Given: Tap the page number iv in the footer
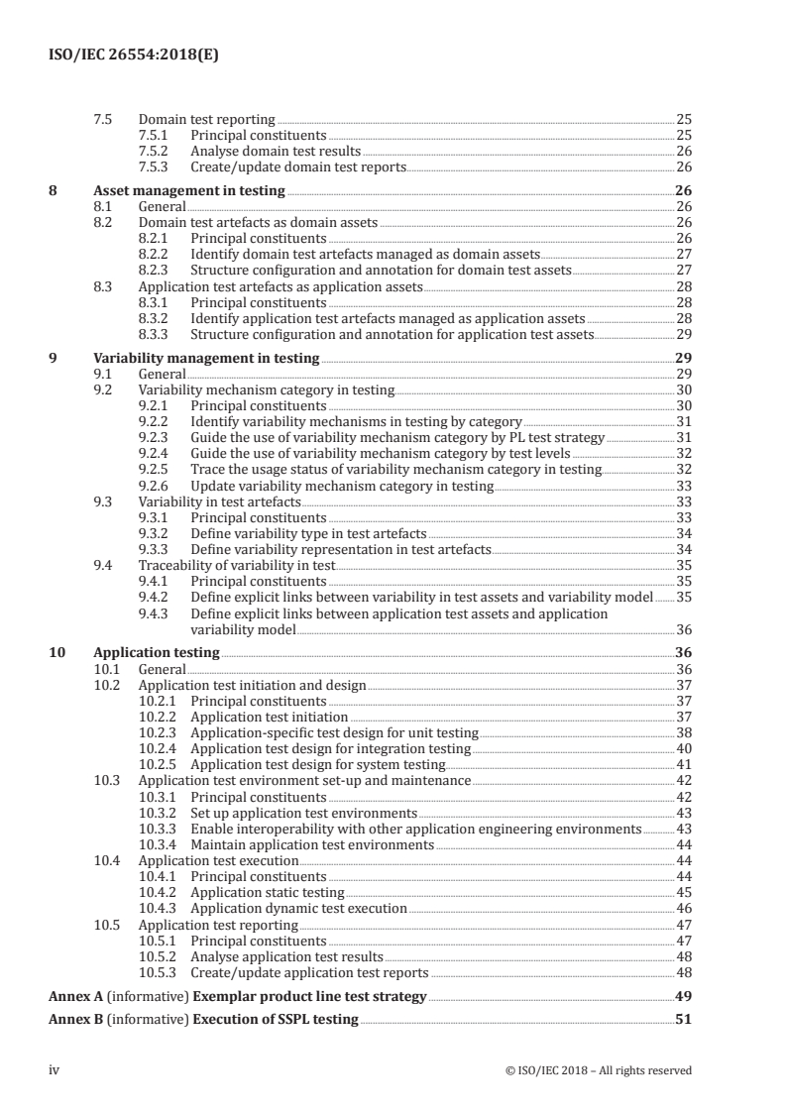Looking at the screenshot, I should pyautogui.click(x=55, y=1069).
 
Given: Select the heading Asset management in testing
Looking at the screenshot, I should pyautogui.click(x=188, y=191).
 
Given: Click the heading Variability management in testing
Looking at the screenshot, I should pyautogui.click(x=206, y=358).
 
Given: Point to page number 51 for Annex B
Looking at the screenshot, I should pyautogui.click(x=683, y=1019).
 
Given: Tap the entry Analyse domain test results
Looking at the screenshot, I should pyautogui.click(x=276, y=152).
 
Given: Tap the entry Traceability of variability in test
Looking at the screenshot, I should pyautogui.click(x=237, y=565).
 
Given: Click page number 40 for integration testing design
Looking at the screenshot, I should pyautogui.click(x=683, y=748).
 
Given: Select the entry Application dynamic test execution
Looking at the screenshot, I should pyautogui.click(x=298, y=908).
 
